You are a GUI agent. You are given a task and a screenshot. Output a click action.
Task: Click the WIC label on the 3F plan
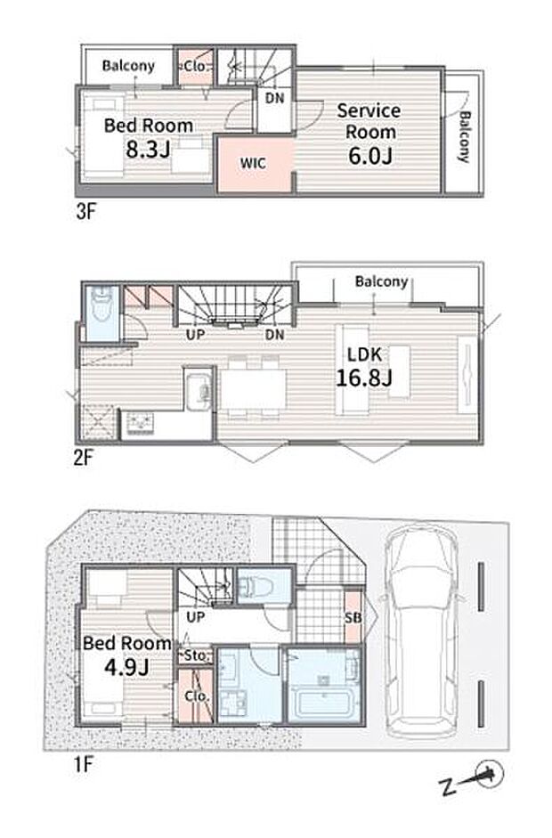click(x=253, y=163)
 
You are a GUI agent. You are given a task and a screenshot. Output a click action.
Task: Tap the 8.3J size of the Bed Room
click(x=148, y=149)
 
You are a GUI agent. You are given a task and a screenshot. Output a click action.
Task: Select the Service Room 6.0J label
click(x=369, y=133)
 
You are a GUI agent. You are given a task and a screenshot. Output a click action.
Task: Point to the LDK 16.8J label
click(x=364, y=366)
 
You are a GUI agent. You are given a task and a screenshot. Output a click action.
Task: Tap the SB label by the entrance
click(x=353, y=618)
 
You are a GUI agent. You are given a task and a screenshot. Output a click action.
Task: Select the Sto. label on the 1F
click(x=197, y=655)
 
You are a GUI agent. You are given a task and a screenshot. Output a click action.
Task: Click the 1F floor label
click(x=83, y=764)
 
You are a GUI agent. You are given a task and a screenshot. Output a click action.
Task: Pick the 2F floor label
click(x=84, y=458)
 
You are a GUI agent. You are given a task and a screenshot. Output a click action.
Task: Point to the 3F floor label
click(x=85, y=212)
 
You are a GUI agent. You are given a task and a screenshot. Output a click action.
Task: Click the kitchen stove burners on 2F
click(x=139, y=425)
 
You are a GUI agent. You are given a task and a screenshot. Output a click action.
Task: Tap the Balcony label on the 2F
click(x=382, y=281)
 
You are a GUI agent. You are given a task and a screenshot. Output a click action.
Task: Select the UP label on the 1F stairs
click(x=196, y=617)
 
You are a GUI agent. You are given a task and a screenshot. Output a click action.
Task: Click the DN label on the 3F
click(x=274, y=98)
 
